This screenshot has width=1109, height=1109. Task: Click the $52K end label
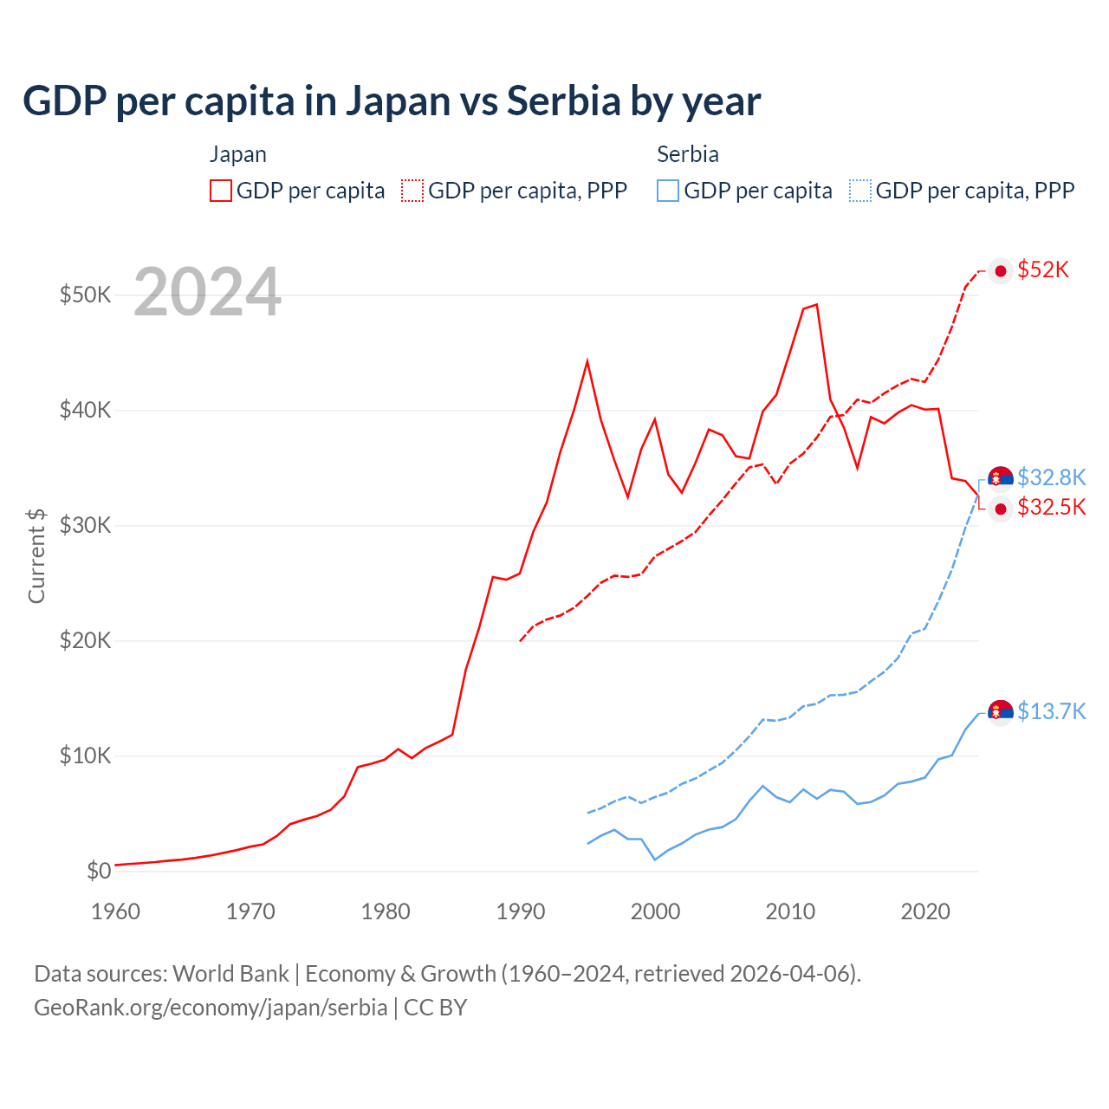1043,270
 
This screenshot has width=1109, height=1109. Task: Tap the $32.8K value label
1051,477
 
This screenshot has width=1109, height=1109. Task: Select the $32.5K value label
1051,507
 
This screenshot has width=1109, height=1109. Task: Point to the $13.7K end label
1051,711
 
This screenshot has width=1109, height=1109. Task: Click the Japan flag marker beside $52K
1001,271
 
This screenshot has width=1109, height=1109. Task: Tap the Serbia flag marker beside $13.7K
1001,711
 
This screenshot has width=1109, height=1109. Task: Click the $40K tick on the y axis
85,410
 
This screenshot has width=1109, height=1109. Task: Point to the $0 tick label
99,871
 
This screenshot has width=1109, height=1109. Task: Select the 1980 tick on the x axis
386,911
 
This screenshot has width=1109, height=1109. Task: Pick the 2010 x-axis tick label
790,911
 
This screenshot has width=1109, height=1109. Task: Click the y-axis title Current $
36,555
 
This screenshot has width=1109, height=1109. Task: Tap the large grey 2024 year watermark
208,292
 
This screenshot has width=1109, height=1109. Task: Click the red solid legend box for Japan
221,191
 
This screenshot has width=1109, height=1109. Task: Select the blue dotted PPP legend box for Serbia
860,191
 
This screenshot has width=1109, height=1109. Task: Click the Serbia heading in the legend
688,154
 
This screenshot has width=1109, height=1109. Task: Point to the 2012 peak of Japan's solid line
816,304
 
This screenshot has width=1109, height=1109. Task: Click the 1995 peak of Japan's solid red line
587,360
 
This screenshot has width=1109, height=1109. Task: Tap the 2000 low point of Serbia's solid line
655,859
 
